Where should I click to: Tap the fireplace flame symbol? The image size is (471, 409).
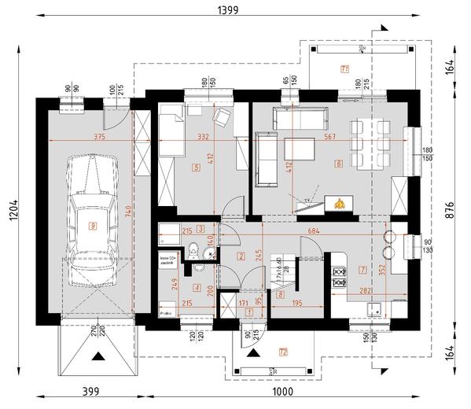pos(340,204)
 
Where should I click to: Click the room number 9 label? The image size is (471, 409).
pos(93,227)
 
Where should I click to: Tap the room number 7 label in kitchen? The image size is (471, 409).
pos(361,270)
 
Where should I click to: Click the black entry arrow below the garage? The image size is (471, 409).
pos(98,356)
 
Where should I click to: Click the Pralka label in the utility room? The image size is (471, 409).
pos(165,312)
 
